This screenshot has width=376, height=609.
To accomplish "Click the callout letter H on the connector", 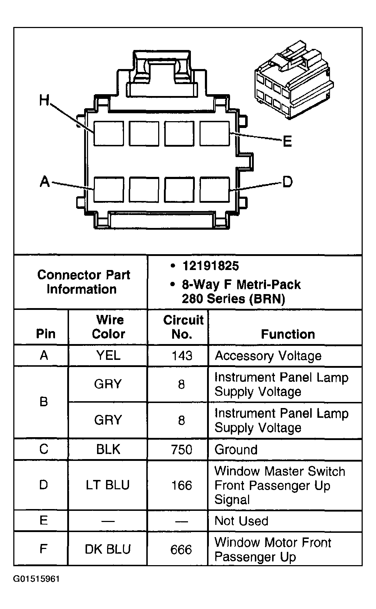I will [44, 100].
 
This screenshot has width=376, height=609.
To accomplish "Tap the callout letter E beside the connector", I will [287, 141].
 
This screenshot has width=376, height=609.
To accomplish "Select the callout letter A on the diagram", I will [45, 182].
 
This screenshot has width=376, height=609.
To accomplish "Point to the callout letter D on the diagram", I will [287, 182].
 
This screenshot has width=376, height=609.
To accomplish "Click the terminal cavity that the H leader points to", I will [109, 133].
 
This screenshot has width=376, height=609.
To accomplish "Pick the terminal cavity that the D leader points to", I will [215, 189].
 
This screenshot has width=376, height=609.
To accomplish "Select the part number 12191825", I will [210, 266].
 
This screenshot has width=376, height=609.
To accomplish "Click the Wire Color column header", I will [109, 327].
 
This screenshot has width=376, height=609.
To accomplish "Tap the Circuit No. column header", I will [183, 327].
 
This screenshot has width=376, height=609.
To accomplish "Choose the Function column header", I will [288, 334].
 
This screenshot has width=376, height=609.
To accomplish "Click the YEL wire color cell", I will [108, 356].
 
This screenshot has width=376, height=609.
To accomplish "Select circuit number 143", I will [182, 356].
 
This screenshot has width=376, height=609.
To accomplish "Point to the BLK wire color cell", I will [108, 449].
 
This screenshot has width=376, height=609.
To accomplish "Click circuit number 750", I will [182, 450].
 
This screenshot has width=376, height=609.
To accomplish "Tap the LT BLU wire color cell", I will [107, 485].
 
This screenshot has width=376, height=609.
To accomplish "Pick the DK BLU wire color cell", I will [107, 549].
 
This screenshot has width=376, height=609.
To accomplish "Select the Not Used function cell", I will [241, 521].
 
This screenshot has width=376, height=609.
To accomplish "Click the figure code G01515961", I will [36, 579].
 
